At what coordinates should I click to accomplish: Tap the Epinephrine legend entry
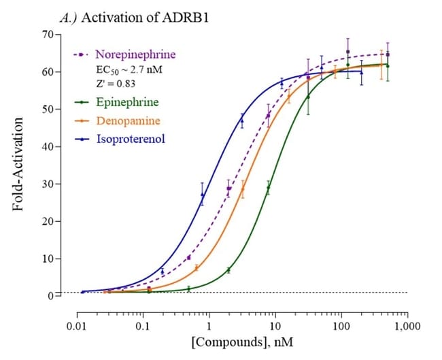pyautogui.click(x=126, y=102)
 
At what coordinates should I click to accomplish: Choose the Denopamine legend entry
pyautogui.click(x=128, y=120)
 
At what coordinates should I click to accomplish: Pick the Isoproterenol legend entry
pyautogui.click(x=130, y=139)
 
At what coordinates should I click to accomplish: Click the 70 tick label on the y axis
pyautogui.click(x=48, y=34)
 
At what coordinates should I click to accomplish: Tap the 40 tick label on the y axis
pyautogui.click(x=48, y=146)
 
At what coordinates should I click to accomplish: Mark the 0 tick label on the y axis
pyautogui.click(x=51, y=296)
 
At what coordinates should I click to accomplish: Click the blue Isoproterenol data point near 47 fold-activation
pyautogui.click(x=241, y=120)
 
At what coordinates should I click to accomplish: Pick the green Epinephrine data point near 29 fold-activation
pyautogui.click(x=269, y=188)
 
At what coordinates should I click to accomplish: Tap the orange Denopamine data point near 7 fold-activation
pyautogui.click(x=196, y=268)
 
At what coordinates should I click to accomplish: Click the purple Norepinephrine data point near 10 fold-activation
pyautogui.click(x=188, y=257)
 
